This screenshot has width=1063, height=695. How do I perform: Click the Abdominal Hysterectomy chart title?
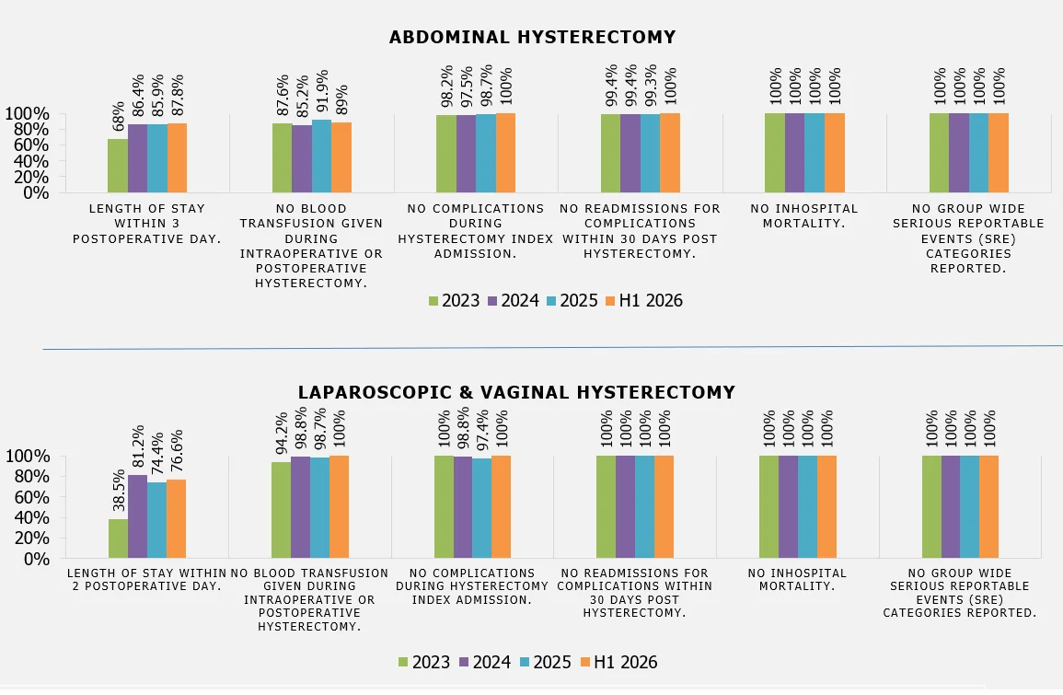click(x=532, y=38)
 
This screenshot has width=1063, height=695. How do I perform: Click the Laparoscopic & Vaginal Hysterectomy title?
click(x=516, y=392)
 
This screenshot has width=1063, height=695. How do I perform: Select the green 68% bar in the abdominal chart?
click(x=118, y=166)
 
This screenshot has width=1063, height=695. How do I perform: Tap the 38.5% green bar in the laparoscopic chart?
click(x=118, y=539)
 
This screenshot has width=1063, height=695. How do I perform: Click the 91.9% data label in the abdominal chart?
click(x=322, y=91)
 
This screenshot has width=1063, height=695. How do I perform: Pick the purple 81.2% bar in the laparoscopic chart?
click(x=138, y=516)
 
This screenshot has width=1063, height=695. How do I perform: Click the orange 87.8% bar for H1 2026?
click(x=177, y=158)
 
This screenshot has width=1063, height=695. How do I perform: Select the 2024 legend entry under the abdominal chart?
click(x=514, y=300)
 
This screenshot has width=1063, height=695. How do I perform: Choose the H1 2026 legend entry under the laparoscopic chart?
click(x=619, y=662)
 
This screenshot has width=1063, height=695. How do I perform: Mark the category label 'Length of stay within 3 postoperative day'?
click(x=147, y=224)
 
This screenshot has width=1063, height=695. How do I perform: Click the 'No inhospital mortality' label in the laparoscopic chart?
click(x=797, y=580)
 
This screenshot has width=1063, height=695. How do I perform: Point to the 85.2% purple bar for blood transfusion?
click(x=303, y=158)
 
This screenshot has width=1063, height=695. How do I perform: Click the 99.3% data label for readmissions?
click(x=650, y=86)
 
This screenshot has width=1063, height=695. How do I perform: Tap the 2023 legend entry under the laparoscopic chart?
click(x=423, y=662)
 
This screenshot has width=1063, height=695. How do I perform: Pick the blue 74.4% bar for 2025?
click(x=156, y=520)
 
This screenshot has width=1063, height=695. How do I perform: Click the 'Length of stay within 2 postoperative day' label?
click(x=146, y=580)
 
